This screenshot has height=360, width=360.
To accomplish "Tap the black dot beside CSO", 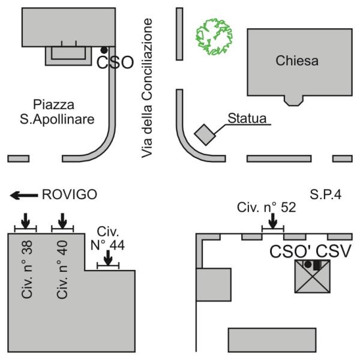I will pos(104,50).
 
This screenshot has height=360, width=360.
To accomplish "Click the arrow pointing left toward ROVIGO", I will pos(24,195).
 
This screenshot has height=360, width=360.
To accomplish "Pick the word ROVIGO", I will pos(67,195).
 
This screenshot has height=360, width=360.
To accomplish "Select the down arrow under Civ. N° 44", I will pos(107,258).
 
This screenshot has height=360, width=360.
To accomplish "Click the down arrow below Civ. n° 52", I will pos(273,221).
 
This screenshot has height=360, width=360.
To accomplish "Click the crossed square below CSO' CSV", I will pos(313,277).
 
